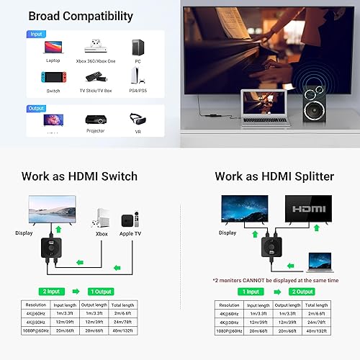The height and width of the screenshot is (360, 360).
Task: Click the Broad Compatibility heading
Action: (x=81, y=16)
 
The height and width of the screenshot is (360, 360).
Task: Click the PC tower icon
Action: (x=136, y=47)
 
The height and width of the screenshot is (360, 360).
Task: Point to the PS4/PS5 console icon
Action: (x=136, y=76)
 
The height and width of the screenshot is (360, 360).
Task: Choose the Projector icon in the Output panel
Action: (x=96, y=119)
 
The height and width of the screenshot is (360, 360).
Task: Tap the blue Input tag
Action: (x=36, y=33)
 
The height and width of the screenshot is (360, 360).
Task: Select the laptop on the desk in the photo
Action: (x=258, y=104)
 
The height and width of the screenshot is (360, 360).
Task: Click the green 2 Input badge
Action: (x=53, y=290)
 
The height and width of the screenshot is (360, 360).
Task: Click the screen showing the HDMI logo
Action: (x=308, y=210)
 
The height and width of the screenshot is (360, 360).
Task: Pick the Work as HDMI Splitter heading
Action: (x=274, y=176)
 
